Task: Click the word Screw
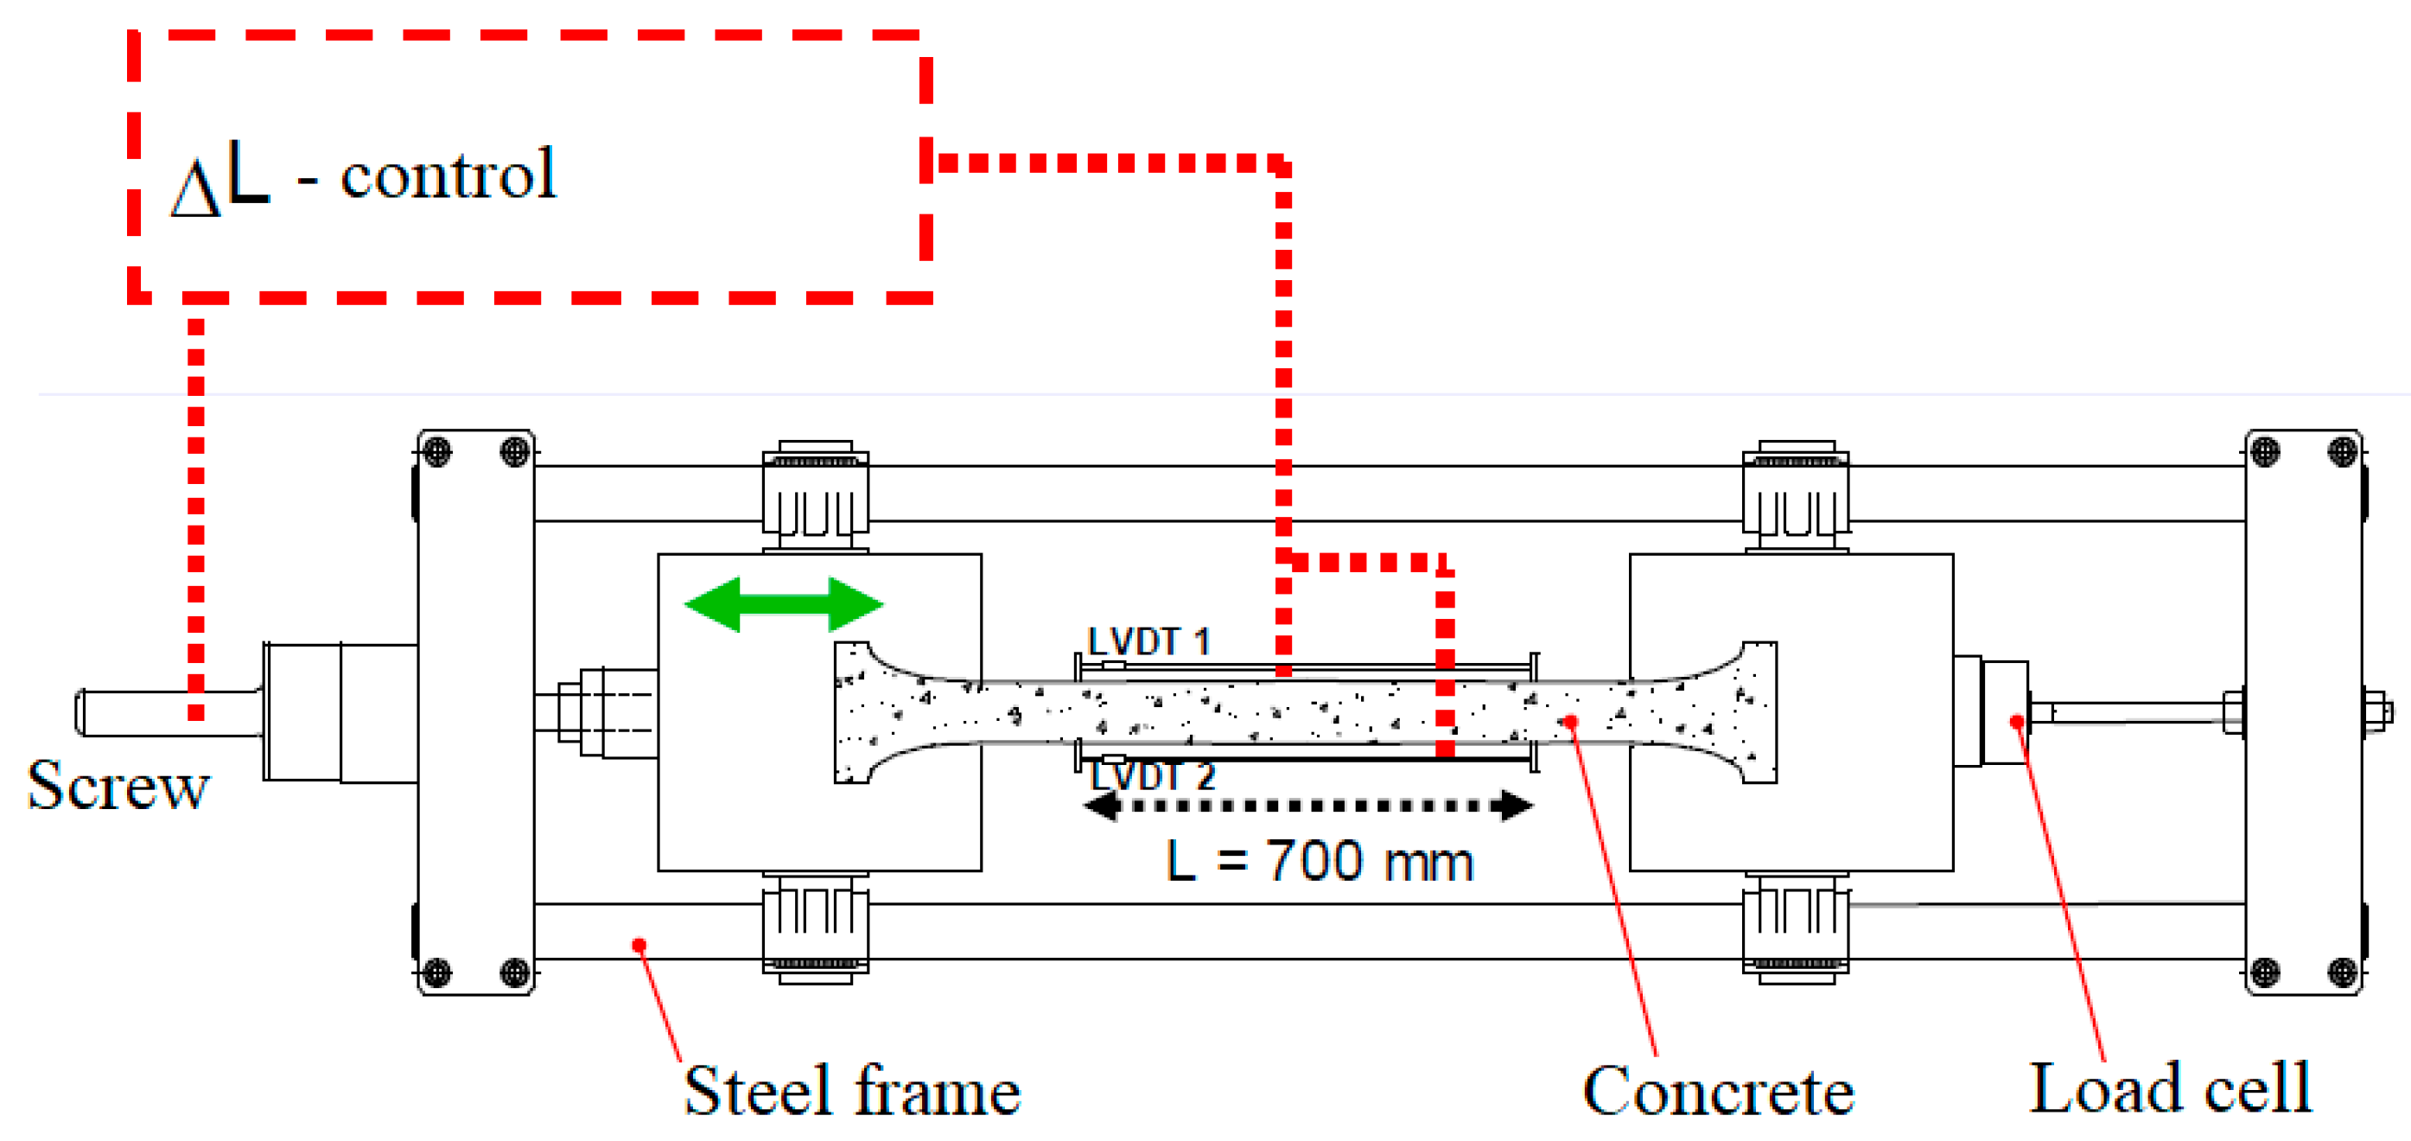pos(118,786)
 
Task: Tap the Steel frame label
pos(852,1092)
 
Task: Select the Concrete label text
pos(1719,1092)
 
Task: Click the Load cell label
pos(2170,1089)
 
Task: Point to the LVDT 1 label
pos(1148,642)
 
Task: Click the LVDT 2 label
pos(1152,776)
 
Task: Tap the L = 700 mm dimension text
pos(1319,861)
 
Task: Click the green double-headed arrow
pos(784,605)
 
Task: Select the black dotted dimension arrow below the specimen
pos(1307,806)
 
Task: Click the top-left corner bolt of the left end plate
pos(436,452)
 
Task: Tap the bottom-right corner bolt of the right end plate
pos(2343,972)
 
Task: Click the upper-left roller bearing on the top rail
pos(815,496)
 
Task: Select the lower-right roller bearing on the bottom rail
pos(1795,927)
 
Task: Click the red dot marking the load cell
pos(2017,722)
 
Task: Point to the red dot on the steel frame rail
pos(639,946)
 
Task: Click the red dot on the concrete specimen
pos(1570,721)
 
